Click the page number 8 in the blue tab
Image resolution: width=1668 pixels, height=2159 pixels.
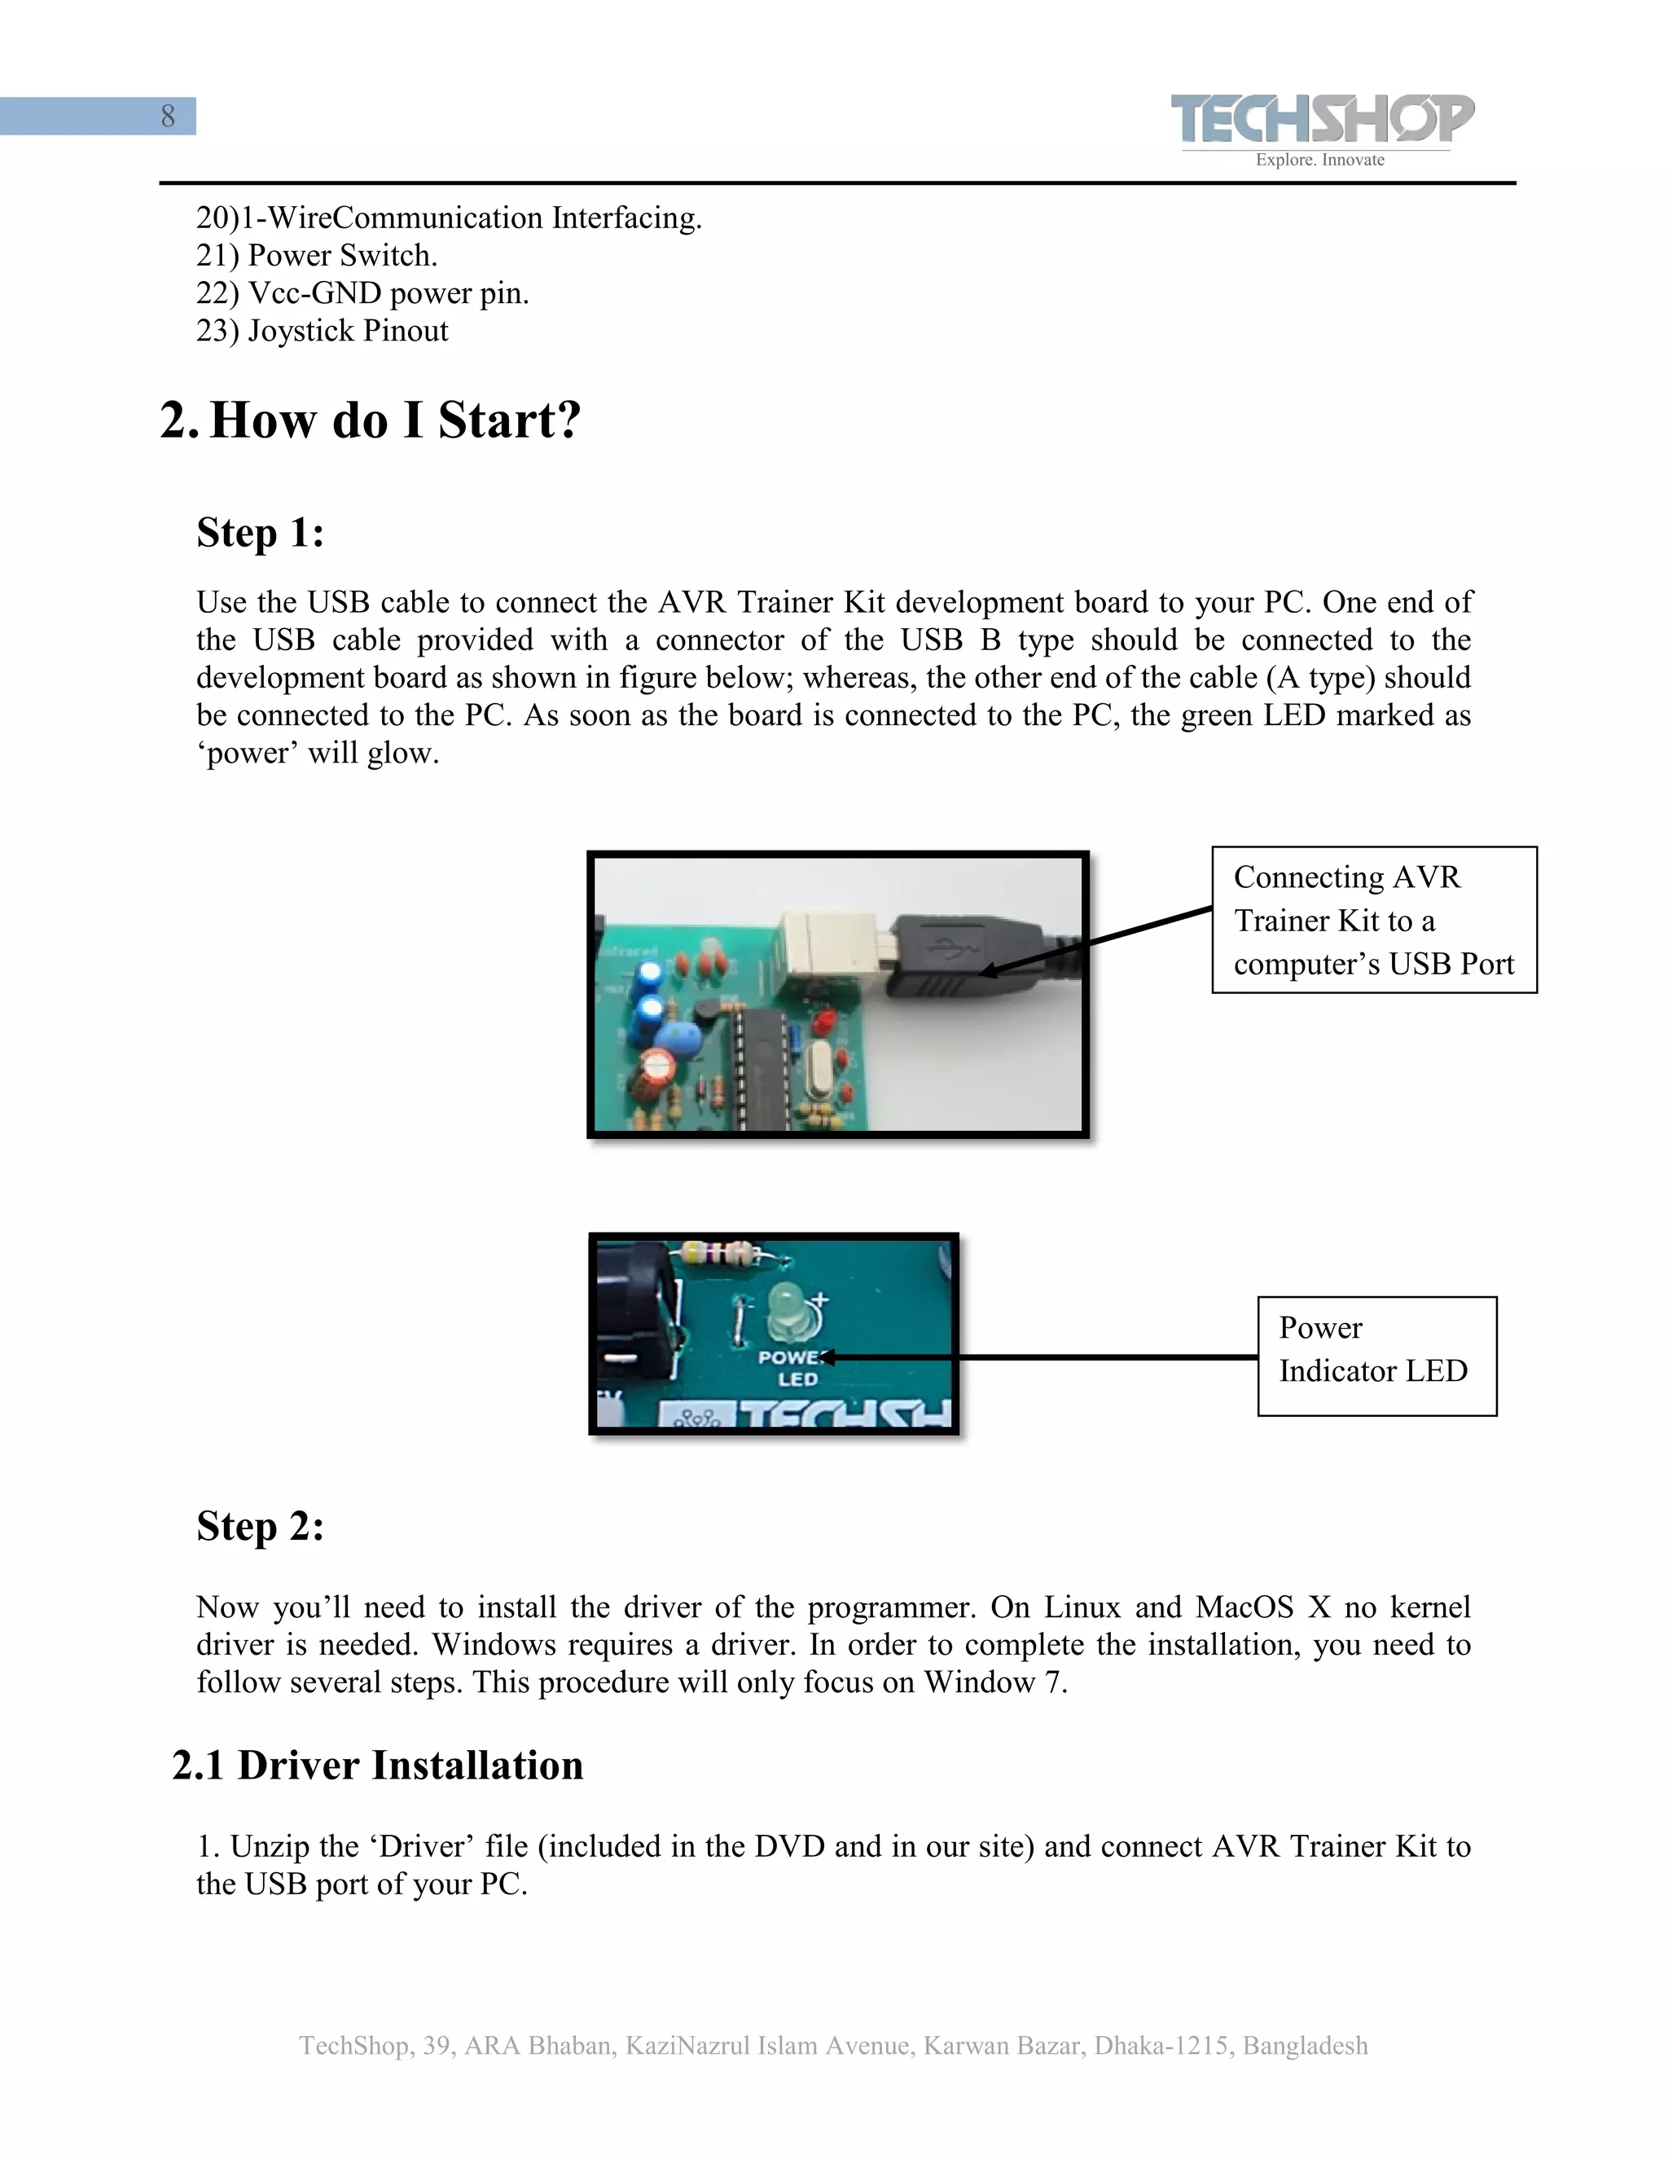point(168,117)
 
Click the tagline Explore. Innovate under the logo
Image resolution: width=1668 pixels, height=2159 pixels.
point(1319,160)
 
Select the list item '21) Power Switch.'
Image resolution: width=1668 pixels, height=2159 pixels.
point(316,255)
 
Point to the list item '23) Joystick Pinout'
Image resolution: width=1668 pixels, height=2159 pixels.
point(323,330)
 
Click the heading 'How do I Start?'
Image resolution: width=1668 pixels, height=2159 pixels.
point(394,420)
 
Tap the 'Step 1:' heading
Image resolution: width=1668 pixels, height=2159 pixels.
point(260,533)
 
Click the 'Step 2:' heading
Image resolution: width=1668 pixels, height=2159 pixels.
point(260,1525)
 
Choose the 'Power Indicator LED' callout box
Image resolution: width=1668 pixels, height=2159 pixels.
point(1376,1356)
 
